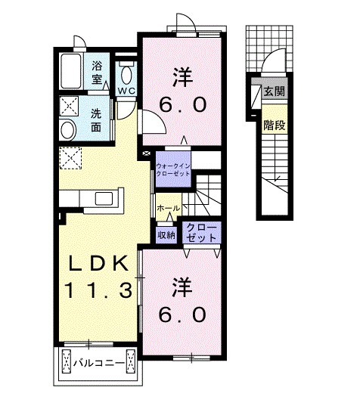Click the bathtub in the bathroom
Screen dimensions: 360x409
(x=71, y=71)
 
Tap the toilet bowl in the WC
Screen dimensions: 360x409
(x=126, y=74)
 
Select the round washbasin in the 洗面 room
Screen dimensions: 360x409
(x=68, y=130)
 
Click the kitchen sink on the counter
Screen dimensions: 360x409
(x=104, y=199)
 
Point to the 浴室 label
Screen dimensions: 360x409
(x=97, y=73)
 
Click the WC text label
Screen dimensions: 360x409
(x=126, y=91)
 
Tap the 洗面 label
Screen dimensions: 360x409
(x=96, y=120)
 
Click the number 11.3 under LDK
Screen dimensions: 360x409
(x=99, y=290)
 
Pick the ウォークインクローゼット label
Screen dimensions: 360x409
(x=173, y=169)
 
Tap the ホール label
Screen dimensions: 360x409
(x=169, y=208)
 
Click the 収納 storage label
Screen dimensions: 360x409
(x=166, y=236)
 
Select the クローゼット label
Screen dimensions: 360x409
(x=201, y=232)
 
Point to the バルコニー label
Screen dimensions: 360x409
(x=98, y=363)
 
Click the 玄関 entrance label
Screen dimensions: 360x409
(x=274, y=91)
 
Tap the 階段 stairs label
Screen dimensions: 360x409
(x=274, y=125)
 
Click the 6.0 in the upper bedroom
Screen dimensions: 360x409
(x=183, y=104)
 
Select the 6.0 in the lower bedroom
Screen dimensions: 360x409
(x=182, y=314)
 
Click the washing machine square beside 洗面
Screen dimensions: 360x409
(x=69, y=106)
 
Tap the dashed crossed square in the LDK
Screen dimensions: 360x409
(x=70, y=158)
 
